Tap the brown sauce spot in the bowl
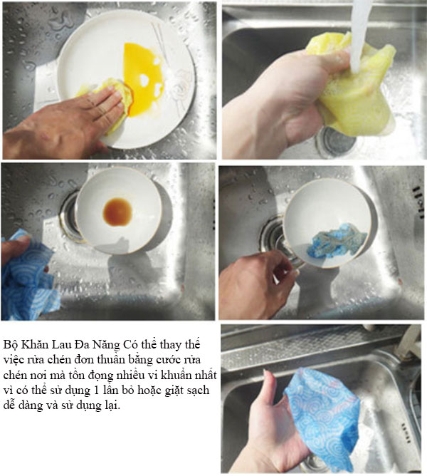(117, 212)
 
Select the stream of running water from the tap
(359, 36)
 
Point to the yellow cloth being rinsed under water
(355, 88)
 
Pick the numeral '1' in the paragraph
(96, 390)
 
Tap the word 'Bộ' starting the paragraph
(11, 346)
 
